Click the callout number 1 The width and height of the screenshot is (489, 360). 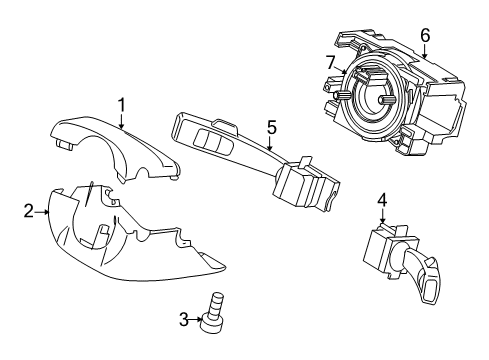pos(121,104)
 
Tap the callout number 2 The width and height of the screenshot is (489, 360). pos(29,210)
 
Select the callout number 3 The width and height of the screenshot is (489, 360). pos(184,319)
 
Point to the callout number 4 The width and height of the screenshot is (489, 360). pos(382,199)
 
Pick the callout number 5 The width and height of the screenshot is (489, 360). pos(270,127)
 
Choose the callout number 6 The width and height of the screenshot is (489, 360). pos(425,35)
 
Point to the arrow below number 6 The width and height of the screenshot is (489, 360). pos(425,52)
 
